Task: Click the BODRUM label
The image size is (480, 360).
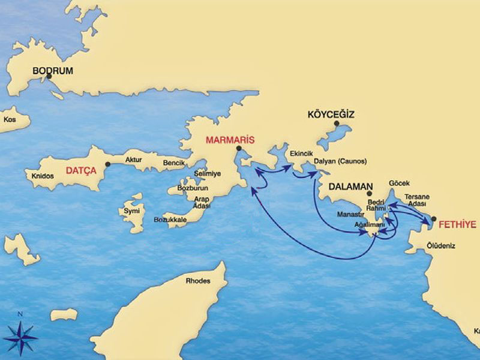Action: (x=53, y=71)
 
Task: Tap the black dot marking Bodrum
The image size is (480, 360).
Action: (x=49, y=77)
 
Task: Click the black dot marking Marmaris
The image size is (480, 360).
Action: (x=238, y=148)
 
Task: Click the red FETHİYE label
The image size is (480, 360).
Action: (x=457, y=225)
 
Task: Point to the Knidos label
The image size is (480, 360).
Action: (x=43, y=176)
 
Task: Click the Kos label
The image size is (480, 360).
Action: (x=10, y=119)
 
